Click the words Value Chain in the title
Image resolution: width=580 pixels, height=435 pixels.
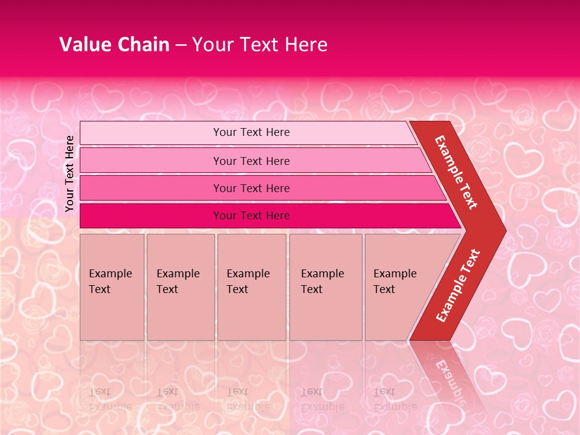click(114, 45)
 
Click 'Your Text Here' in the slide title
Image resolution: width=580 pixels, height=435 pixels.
click(260, 45)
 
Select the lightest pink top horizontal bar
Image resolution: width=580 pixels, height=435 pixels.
click(151, 133)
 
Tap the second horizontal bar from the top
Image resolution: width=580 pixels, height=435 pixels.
click(151, 161)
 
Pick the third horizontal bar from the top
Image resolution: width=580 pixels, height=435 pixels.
click(151, 188)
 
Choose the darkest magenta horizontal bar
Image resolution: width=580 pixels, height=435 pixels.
click(151, 216)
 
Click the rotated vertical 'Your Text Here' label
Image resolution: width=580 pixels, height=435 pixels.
click(69, 173)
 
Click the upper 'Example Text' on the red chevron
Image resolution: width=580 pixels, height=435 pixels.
click(456, 172)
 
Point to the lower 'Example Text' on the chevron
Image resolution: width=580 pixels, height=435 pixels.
click(458, 286)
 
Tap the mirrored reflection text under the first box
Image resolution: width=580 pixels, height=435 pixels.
click(110, 399)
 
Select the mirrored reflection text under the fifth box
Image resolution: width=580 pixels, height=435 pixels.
click(395, 399)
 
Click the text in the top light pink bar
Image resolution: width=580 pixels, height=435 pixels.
click(251, 132)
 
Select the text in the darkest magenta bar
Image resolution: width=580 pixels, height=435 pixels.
click(251, 216)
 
